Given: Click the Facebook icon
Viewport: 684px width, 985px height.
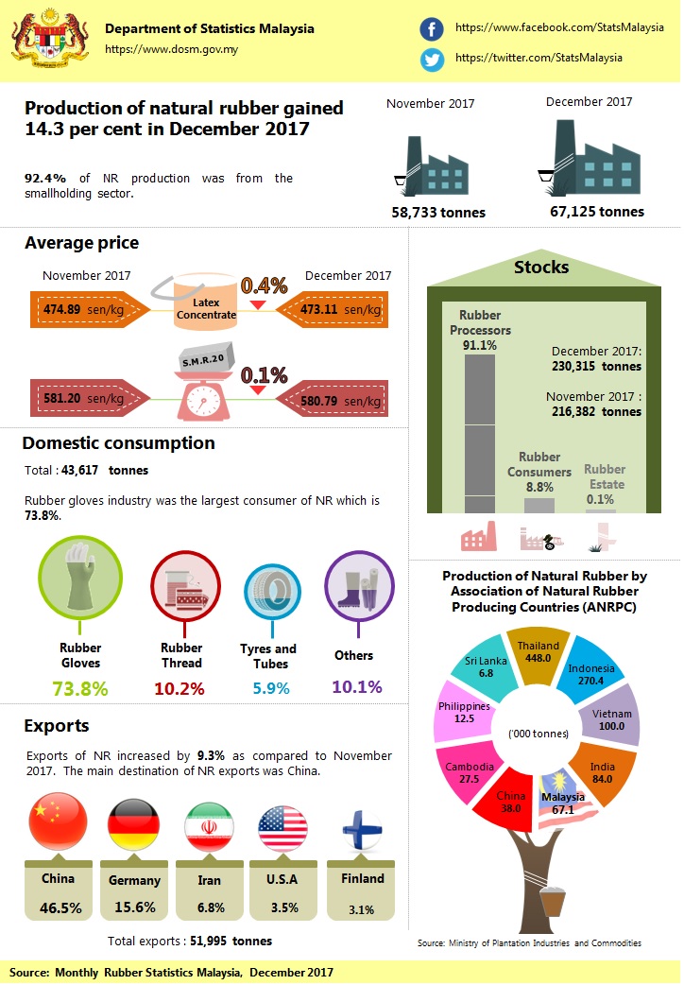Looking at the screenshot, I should [x=432, y=29].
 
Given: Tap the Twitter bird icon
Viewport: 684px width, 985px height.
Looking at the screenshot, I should [x=432, y=59].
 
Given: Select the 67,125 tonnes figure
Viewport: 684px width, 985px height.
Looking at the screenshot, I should [x=597, y=212].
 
